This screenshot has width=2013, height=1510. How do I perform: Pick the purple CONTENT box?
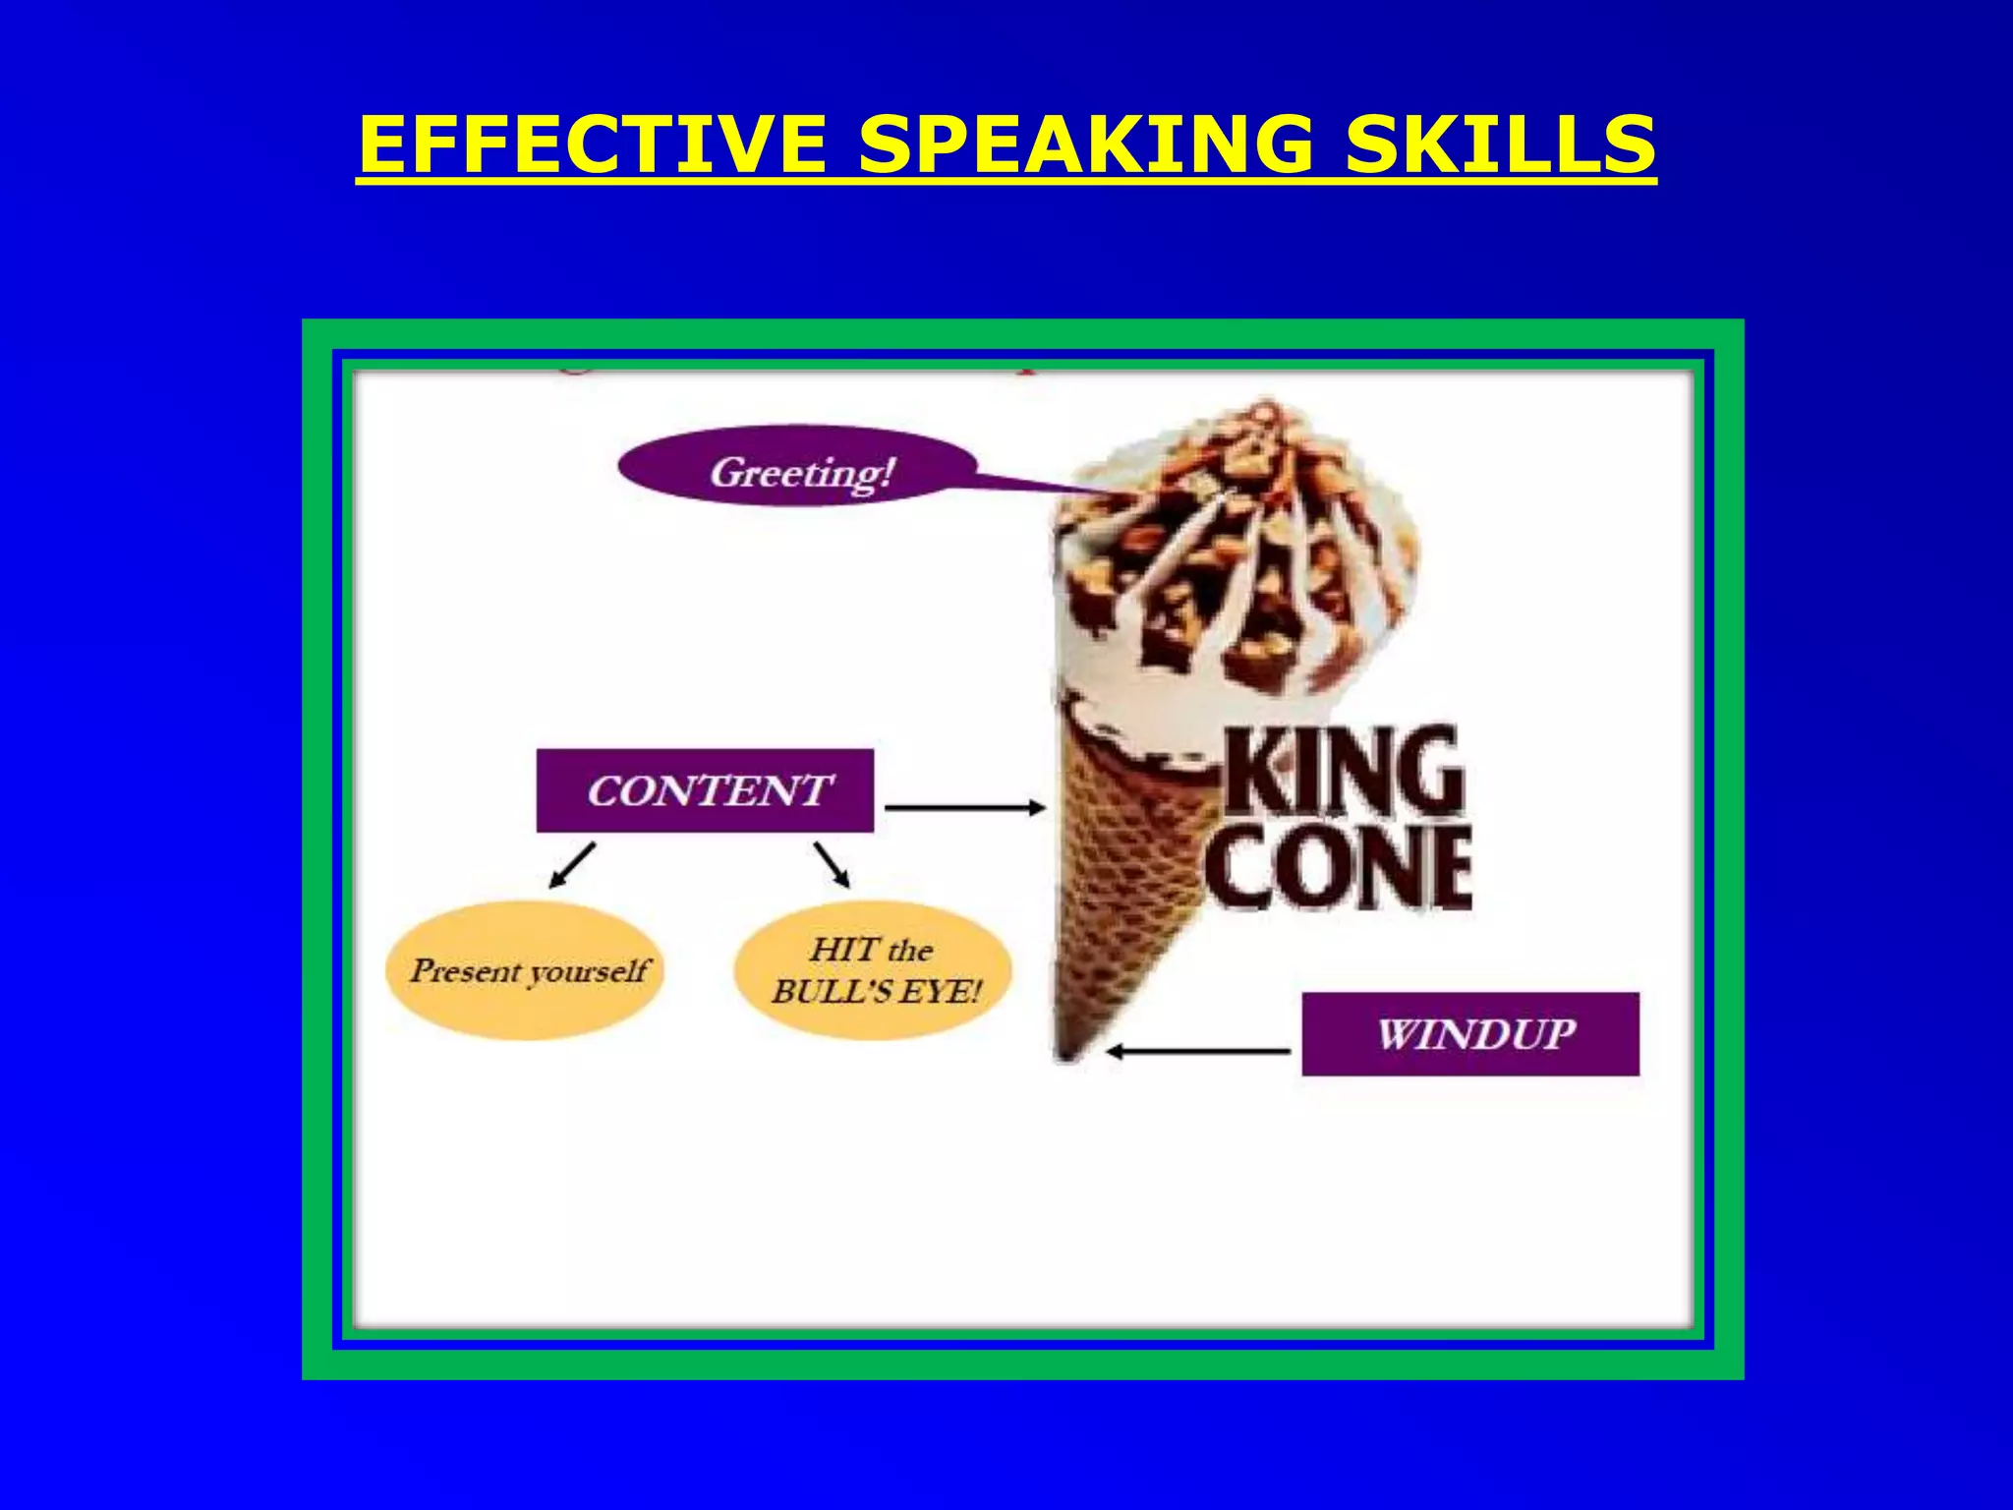(x=705, y=790)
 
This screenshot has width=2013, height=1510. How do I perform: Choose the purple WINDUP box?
(x=1470, y=1034)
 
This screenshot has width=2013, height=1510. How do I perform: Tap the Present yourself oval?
(x=527, y=971)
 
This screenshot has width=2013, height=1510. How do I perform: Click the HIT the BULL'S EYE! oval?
(x=873, y=971)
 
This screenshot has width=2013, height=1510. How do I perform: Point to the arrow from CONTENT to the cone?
(x=965, y=808)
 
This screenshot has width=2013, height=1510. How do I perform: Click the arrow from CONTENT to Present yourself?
(x=572, y=865)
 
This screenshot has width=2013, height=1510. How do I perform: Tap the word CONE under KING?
(x=1339, y=867)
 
